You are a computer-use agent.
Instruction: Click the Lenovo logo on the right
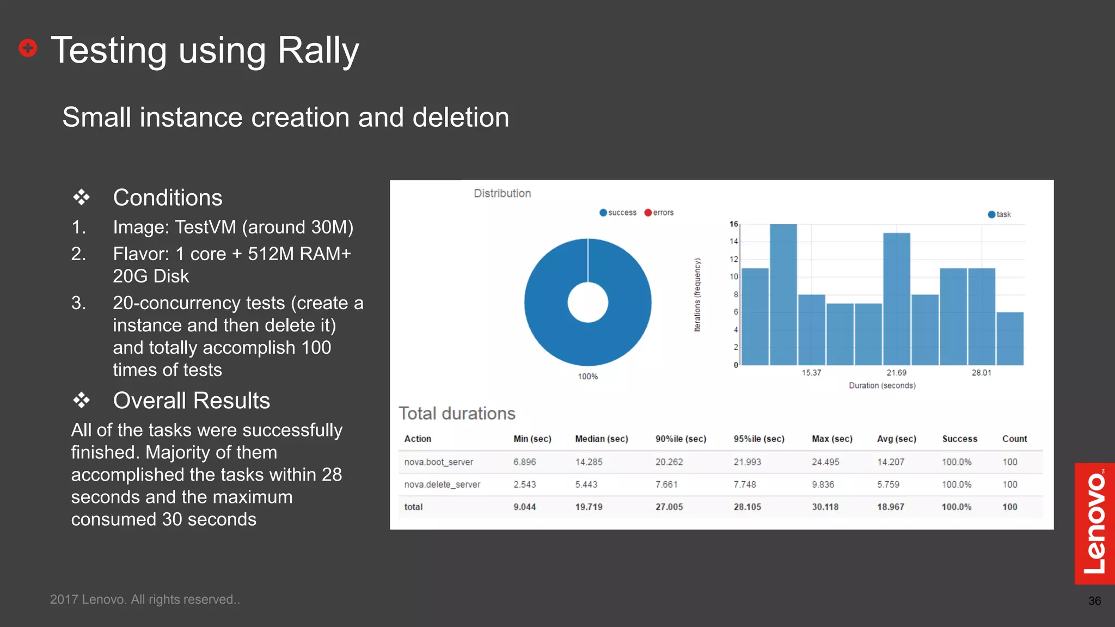pos(1094,523)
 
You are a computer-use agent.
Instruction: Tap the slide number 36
pos(1094,601)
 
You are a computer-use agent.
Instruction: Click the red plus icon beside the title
pos(28,48)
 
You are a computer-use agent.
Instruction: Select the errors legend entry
pos(659,213)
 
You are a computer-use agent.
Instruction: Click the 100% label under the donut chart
pos(587,377)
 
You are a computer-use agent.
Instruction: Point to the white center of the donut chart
pos(587,303)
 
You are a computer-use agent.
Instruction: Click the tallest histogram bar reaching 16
pos(783,294)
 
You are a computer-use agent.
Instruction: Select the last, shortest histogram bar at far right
pos(1010,339)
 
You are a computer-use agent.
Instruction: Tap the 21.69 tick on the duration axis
pos(896,373)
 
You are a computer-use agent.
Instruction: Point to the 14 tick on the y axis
pos(734,242)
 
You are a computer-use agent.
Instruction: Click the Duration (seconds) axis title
pos(882,385)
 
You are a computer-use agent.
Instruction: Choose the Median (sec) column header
pos(601,439)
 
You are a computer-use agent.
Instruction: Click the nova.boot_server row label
pos(438,462)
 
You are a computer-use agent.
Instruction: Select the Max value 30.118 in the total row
pos(825,507)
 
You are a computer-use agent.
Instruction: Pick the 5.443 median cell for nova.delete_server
pos(586,484)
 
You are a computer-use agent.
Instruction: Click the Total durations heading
pos(457,414)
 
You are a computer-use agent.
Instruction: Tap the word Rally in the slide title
pos(318,50)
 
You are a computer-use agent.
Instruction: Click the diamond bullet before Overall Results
pos(82,401)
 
